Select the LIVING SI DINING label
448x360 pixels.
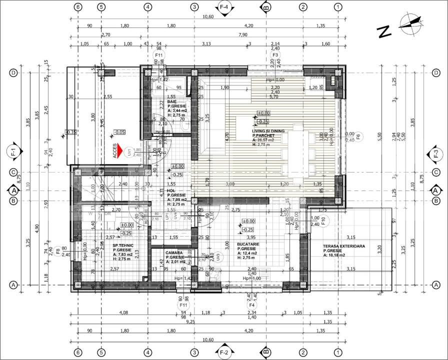[x=268, y=130]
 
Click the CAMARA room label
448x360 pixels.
[x=174, y=253]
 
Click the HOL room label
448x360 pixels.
[x=170, y=190]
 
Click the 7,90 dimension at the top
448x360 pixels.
[x=243, y=34]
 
